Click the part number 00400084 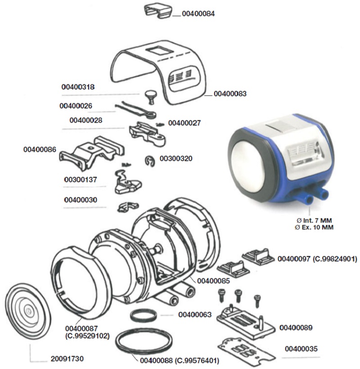click(198, 14)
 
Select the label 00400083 click(230, 94)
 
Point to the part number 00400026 click(76, 106)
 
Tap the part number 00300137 click(81, 180)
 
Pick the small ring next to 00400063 click(144, 315)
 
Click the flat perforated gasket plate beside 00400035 click(245, 351)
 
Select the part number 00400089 click(296, 327)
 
